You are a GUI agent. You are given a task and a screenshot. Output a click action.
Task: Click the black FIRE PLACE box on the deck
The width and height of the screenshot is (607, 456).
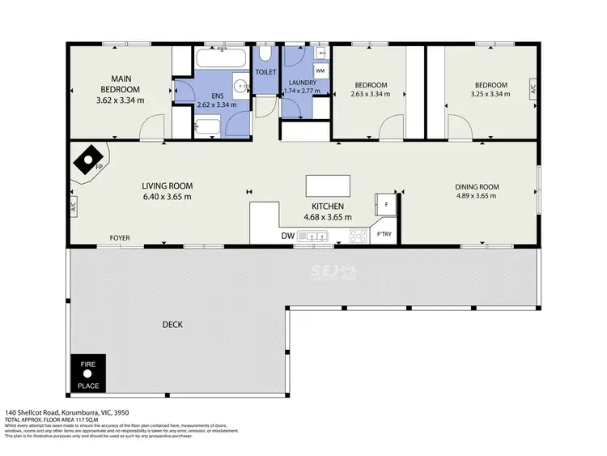pos(87,375)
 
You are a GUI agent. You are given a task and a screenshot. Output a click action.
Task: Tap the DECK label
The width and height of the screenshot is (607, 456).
pos(172,325)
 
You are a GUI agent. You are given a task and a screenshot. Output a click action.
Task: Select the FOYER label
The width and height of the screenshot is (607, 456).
pos(120,238)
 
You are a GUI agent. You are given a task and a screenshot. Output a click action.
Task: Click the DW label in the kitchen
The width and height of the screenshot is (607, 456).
pos(287,237)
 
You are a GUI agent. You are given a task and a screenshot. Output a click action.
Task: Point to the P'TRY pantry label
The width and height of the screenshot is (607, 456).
pos(384,235)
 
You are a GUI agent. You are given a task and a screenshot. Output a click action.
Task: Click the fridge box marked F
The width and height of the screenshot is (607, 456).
pos(386,205)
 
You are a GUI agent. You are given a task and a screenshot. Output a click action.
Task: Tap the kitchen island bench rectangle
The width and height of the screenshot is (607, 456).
pos(328,185)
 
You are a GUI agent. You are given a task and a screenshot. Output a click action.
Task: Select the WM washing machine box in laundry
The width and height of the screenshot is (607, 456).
pos(320,71)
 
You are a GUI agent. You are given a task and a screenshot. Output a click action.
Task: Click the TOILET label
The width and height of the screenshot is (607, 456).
pos(266,72)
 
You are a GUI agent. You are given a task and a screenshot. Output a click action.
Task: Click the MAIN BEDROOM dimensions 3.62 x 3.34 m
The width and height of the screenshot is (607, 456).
pos(120,100)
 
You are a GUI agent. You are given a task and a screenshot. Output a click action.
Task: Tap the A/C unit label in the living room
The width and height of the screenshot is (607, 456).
pos(73,206)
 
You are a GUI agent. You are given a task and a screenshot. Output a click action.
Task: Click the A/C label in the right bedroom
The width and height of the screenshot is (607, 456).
pos(533,89)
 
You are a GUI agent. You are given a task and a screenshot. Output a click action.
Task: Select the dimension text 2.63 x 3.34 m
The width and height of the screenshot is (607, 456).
pos(370,95)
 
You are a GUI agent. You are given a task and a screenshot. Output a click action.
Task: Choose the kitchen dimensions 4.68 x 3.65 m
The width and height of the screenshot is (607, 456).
pos(327,217)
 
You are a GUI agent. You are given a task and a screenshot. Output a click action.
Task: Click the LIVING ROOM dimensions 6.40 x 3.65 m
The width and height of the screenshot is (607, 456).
pos(168,197)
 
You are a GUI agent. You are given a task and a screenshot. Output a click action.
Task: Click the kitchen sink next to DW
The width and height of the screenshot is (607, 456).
pos(312,237)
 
